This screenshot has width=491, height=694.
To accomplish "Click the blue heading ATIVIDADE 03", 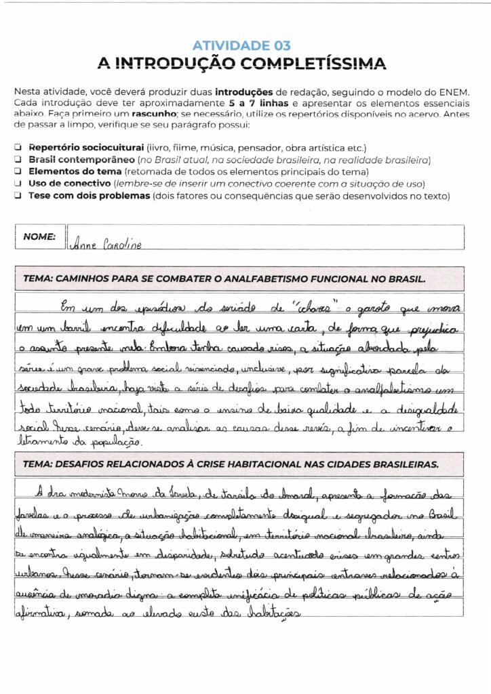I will tap(241, 46).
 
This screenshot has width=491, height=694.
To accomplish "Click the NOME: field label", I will tap(39, 237).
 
